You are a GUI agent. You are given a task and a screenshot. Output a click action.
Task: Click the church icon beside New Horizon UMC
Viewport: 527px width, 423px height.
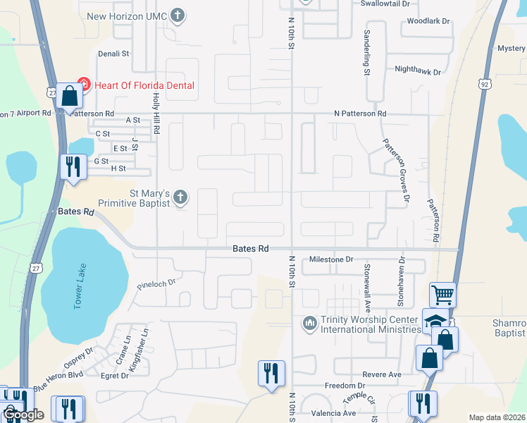(x=178, y=14)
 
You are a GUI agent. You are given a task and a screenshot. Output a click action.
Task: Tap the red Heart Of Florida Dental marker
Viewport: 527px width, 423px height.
(x=83, y=85)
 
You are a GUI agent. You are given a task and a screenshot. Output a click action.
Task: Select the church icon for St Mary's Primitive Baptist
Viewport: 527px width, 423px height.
(x=181, y=197)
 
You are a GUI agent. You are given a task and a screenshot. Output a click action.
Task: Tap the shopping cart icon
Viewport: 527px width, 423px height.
(x=442, y=294)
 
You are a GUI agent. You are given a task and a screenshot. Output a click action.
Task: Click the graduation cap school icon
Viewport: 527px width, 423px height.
(x=435, y=321)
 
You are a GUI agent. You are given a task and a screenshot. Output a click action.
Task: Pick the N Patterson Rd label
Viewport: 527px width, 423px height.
(x=360, y=114)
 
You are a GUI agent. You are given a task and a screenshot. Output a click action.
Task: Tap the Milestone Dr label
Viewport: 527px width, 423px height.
(x=331, y=259)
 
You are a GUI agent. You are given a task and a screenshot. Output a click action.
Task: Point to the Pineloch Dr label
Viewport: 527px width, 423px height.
(x=155, y=286)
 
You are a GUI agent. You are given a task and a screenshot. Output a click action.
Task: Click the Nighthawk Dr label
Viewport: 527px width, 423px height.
(x=418, y=71)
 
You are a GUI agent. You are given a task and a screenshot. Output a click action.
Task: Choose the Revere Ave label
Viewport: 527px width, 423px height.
(x=382, y=374)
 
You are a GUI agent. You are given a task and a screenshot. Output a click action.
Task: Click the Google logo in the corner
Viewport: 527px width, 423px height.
(x=23, y=415)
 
